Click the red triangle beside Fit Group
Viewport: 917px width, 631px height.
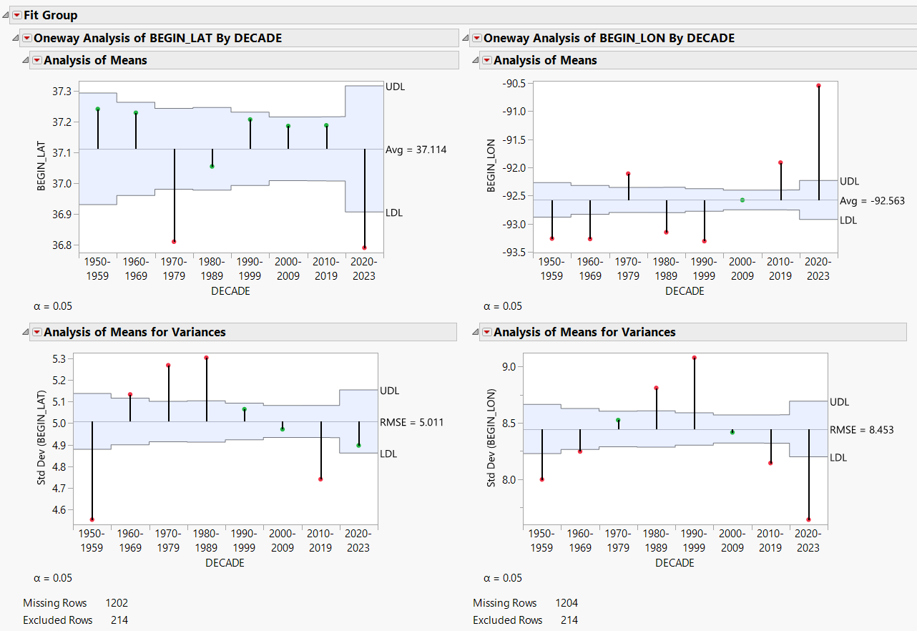[x=16, y=15]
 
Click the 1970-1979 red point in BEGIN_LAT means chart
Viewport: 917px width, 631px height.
[x=174, y=242]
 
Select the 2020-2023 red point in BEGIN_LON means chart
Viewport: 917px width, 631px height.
[x=818, y=86]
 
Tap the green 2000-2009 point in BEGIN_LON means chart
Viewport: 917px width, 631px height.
[x=742, y=200]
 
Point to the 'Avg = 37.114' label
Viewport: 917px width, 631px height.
[x=416, y=150]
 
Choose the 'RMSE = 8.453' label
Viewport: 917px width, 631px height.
[x=862, y=430]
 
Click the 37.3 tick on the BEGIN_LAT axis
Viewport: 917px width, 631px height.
[x=62, y=92]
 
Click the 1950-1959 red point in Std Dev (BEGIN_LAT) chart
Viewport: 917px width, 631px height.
[x=92, y=519]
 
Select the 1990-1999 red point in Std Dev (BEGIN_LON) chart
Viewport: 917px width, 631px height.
[x=695, y=358]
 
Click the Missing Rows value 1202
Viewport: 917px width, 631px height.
[x=117, y=603]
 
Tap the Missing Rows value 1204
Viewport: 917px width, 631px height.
[x=567, y=603]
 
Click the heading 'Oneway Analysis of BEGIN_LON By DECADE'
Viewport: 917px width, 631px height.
[x=609, y=38]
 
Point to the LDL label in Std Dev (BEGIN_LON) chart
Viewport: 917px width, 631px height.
[x=838, y=457]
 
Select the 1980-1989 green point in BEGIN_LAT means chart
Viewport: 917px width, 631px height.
[x=212, y=167]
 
